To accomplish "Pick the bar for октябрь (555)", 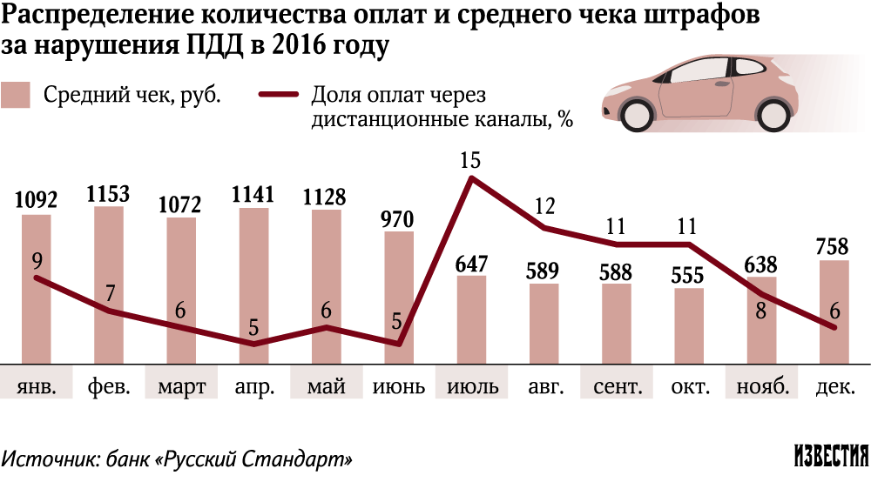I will click(x=689, y=325).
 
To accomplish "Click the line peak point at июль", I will click(x=471, y=178).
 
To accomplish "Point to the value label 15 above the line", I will click(x=471, y=159).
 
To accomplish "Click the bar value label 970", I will click(x=399, y=218).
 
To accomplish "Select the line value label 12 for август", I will click(x=544, y=207).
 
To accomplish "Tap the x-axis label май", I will click(x=327, y=386).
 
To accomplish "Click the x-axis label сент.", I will click(x=617, y=386).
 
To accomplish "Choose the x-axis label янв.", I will click(x=37, y=386).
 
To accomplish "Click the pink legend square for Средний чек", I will click(x=16, y=95).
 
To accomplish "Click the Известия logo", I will click(x=831, y=456).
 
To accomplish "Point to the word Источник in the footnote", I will click(x=49, y=458).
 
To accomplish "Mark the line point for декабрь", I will click(x=834, y=327).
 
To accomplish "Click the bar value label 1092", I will click(x=37, y=200).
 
